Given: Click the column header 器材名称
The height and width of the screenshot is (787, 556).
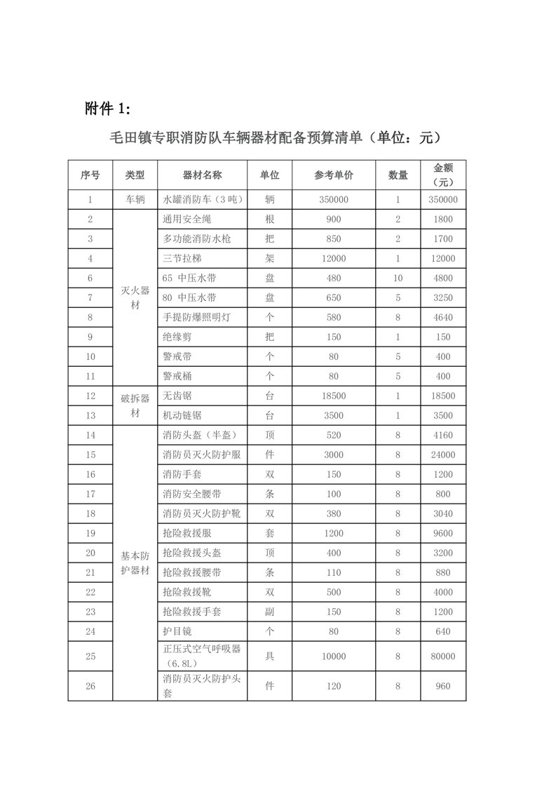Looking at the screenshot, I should point(202,175).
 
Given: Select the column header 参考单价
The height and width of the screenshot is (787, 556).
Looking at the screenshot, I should point(334,175).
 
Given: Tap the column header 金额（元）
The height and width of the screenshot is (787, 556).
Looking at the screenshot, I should point(443,175).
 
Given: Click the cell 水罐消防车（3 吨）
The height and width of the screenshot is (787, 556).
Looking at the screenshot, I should point(202,200).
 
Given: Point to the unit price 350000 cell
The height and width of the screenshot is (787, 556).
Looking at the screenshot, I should point(334,200).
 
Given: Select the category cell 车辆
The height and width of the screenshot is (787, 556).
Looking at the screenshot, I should point(135,200).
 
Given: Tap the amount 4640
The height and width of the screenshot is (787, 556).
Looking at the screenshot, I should point(443,318).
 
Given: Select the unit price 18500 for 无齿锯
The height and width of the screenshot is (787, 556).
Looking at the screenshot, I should point(334,396).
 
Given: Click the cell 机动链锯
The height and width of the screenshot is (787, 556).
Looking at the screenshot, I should point(182,416).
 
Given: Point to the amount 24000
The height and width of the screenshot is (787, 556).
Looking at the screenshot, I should point(443,455).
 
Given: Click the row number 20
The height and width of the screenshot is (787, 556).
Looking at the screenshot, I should point(90,553).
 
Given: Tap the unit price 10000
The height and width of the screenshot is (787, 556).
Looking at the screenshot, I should point(334,657).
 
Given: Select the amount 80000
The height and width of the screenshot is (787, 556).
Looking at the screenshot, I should point(443,657).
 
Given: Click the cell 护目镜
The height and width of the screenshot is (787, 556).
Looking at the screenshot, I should point(177,632).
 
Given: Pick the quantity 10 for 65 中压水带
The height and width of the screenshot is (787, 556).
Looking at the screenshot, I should point(398,278).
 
